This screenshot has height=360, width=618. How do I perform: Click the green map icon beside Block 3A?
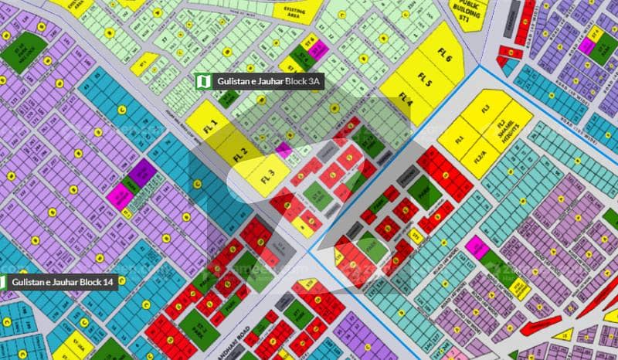tap(203, 81)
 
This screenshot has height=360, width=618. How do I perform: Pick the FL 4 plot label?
tap(406, 97)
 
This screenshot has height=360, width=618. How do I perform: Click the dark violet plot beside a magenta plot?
tap(142, 173)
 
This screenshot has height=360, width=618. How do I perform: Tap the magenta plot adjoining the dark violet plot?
tap(121, 195)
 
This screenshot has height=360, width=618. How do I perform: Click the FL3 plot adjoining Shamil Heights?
tap(486, 110)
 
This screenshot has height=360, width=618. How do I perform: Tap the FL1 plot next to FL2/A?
tap(460, 139)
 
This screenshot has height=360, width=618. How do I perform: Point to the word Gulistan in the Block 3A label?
tap(233, 81)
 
